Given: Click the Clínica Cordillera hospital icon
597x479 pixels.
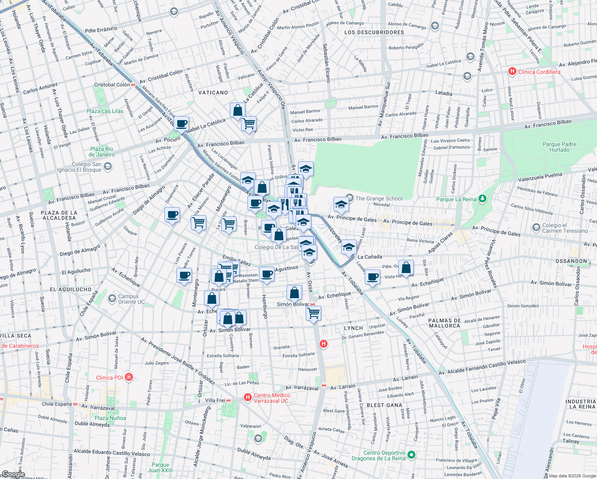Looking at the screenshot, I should (x=512, y=71).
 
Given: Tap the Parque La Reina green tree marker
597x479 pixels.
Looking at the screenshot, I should (x=482, y=198).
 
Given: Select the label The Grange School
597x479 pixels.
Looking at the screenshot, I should (x=379, y=198).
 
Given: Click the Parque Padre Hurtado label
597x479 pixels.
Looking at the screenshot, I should (x=559, y=147).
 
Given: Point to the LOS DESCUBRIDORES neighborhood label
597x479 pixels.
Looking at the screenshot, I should (x=374, y=32).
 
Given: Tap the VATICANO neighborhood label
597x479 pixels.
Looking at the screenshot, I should (x=213, y=93).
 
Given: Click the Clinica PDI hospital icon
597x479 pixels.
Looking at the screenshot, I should (x=128, y=377).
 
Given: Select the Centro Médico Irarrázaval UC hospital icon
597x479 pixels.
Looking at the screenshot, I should (x=248, y=397).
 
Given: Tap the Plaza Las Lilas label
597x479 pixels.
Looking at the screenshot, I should (x=105, y=111).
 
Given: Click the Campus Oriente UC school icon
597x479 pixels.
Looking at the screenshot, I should (x=112, y=298).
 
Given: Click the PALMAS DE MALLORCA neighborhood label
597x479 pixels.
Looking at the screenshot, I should (x=444, y=323).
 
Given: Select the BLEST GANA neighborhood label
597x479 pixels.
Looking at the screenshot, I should (x=384, y=405).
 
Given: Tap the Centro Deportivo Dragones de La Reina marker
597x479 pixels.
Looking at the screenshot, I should (x=411, y=455).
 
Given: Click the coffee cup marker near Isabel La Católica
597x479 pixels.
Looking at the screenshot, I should (x=181, y=124).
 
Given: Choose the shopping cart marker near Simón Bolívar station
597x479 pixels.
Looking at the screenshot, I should (x=313, y=313).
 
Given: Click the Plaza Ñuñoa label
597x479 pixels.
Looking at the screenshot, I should (x=110, y=418).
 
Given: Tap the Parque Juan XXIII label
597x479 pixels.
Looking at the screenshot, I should (x=160, y=467).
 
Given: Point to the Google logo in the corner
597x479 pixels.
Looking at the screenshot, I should (x=13, y=474).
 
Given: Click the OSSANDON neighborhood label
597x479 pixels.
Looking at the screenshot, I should (x=571, y=261).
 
